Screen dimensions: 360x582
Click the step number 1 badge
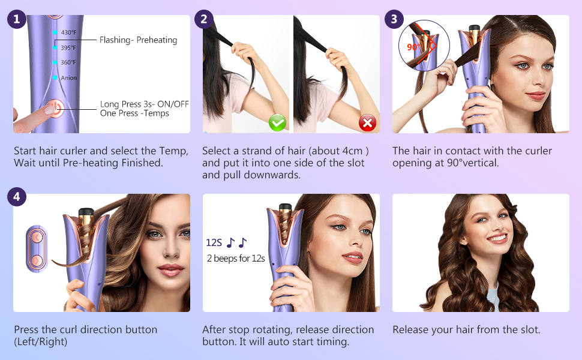tap(16, 19)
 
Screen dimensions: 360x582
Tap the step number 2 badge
tap(204, 19)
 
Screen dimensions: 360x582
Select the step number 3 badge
tap(394, 19)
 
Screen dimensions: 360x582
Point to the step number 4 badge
tap(16, 197)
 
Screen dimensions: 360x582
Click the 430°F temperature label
tap(68, 32)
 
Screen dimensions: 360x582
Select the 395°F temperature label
tap(68, 47)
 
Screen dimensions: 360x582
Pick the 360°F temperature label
tap(68, 62)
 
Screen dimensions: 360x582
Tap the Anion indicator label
tap(68, 78)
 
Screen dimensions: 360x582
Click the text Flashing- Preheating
tap(139, 40)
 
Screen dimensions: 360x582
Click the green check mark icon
tap(277, 123)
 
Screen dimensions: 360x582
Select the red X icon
tap(367, 123)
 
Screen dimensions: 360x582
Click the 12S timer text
tap(214, 243)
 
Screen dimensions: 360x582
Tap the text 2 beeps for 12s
tap(236, 259)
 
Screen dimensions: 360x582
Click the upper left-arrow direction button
tap(37, 238)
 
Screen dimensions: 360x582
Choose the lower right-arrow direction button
tap(37, 260)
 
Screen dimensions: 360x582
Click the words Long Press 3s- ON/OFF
tap(144, 104)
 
